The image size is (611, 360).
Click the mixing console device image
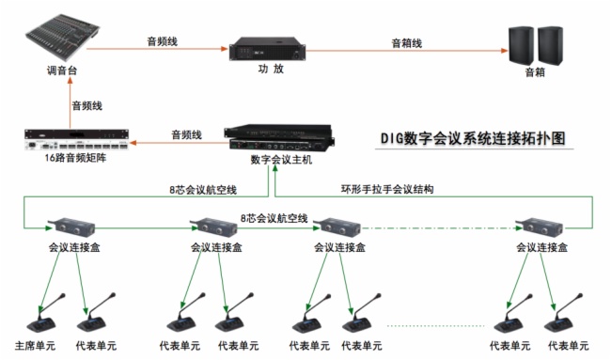point(63,36)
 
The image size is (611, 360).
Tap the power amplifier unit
point(267,49)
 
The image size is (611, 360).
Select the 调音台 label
point(62,70)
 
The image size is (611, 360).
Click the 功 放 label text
point(271,69)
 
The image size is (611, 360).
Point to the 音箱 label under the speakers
point(535,72)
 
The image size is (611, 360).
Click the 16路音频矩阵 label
point(75,158)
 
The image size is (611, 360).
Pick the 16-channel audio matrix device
point(76,139)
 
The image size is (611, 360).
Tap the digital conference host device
point(279,138)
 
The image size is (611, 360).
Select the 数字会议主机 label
point(281,160)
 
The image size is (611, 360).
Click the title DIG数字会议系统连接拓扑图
point(473,138)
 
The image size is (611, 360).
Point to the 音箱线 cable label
point(406,43)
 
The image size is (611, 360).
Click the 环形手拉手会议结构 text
point(387,189)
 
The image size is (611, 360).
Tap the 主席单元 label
point(35,346)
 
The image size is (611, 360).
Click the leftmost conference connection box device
point(72,227)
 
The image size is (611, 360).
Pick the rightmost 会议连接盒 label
point(541,247)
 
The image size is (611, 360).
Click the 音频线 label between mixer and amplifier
point(162,41)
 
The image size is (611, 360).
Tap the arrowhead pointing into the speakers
point(504,51)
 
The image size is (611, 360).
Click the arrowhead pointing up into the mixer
point(70,81)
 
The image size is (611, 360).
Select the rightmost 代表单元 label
point(568,346)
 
